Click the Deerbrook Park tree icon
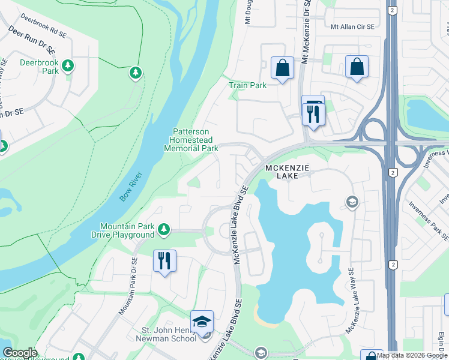point(68,65)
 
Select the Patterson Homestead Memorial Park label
point(191,140)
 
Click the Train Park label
point(247,85)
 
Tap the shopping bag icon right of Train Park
point(282,68)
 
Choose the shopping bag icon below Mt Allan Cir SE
point(357,68)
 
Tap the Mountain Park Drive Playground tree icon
point(163,229)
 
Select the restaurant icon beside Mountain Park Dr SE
point(164,262)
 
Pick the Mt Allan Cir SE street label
point(352,27)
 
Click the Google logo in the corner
point(20,353)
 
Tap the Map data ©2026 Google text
point(412,355)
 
